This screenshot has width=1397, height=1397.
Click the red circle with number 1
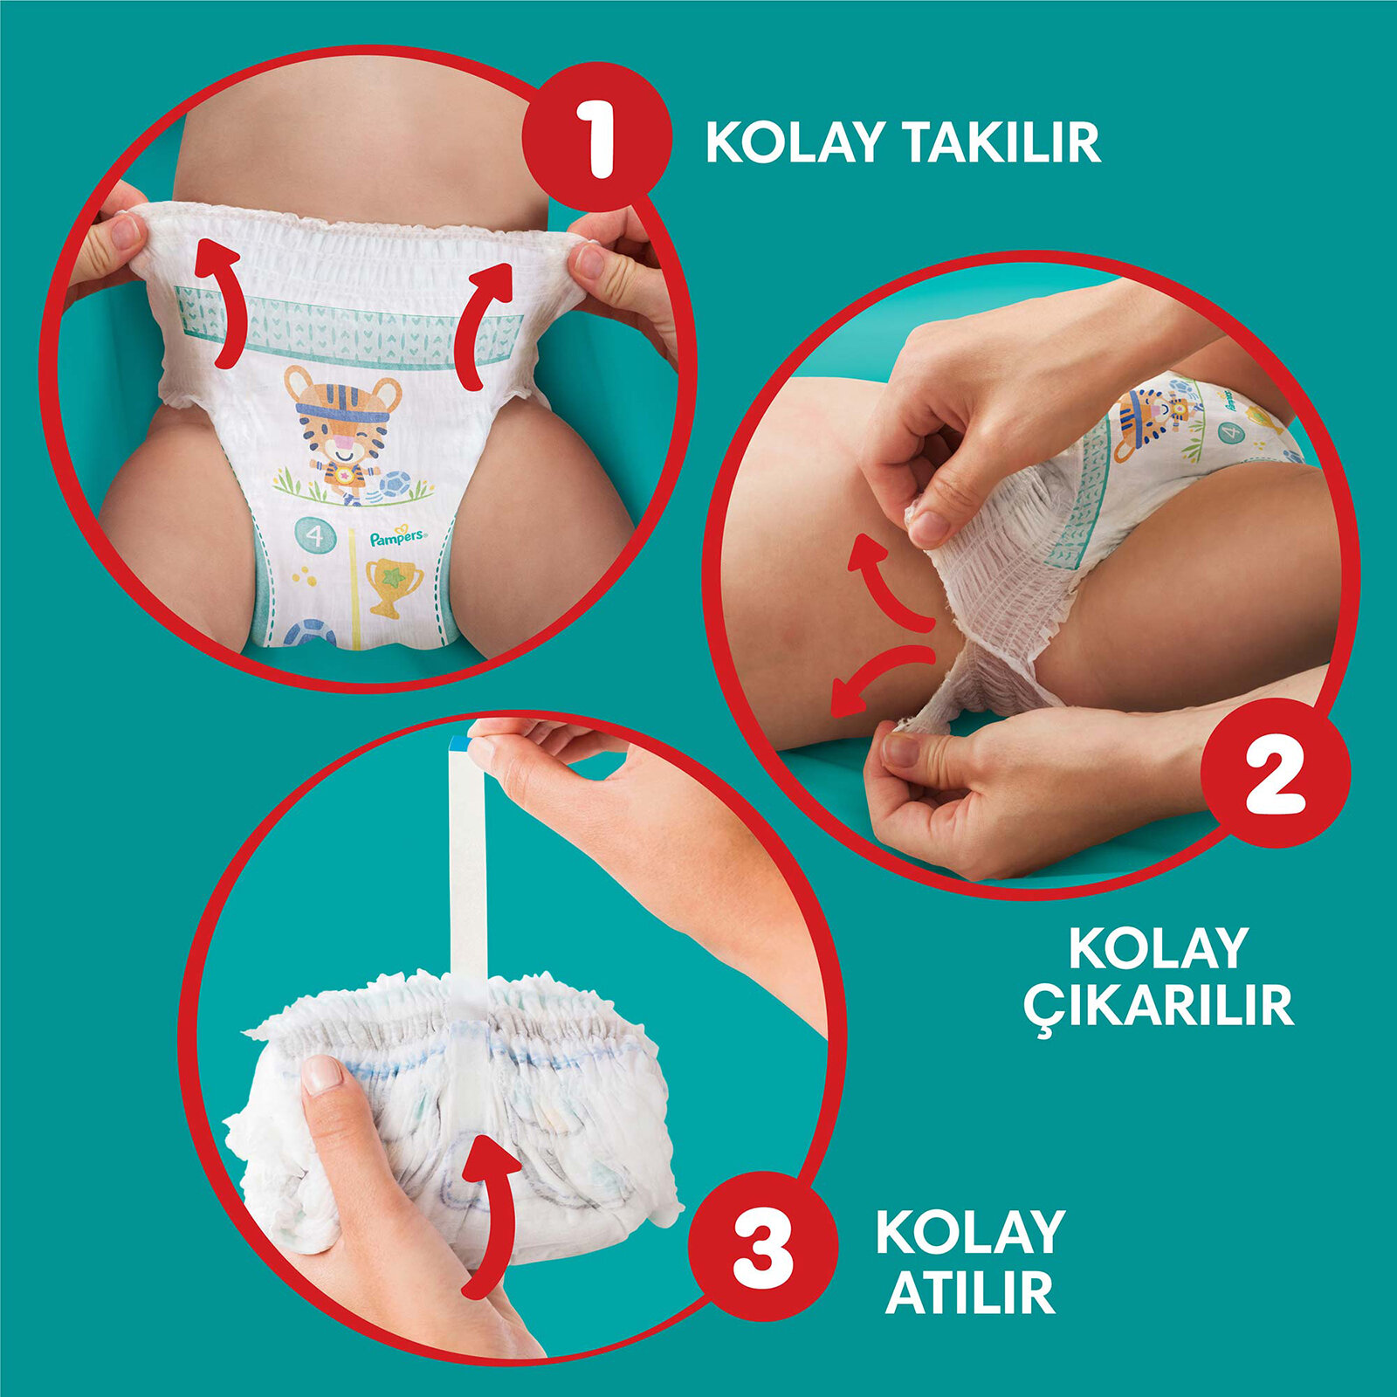[x=597, y=138]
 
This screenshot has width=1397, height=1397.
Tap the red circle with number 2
[x=1276, y=773]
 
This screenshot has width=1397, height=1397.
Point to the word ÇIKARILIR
[x=1158, y=1006]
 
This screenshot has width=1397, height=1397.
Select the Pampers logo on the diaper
[x=396, y=537]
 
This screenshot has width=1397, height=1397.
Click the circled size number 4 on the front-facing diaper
[x=314, y=535]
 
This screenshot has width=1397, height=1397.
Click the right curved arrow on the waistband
[x=484, y=323]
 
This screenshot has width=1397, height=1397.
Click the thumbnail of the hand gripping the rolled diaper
[x=320, y=1075]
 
